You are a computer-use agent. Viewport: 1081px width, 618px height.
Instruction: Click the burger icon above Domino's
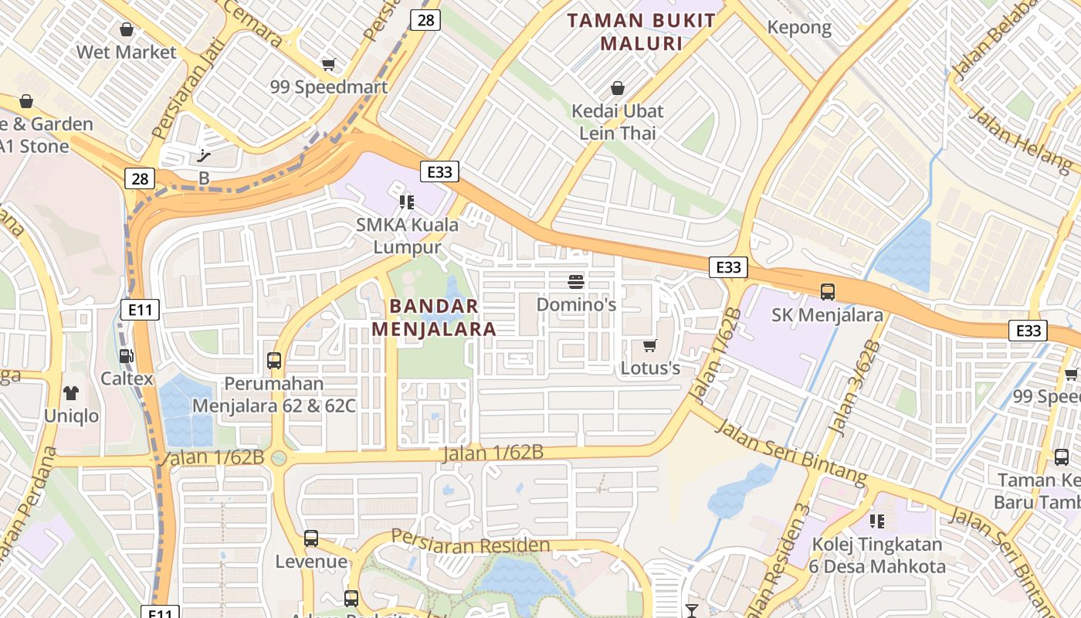click(x=576, y=281)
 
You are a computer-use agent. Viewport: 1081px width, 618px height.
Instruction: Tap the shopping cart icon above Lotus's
click(x=650, y=345)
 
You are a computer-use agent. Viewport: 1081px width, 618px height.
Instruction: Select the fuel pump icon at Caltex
click(x=126, y=356)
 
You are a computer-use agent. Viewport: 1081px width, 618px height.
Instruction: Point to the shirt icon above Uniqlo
click(x=72, y=393)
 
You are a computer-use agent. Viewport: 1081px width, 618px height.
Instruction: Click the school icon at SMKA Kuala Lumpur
click(x=407, y=202)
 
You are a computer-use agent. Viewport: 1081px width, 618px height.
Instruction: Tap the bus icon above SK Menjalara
click(x=828, y=292)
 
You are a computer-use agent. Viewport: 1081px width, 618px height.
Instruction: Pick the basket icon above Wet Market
click(x=127, y=29)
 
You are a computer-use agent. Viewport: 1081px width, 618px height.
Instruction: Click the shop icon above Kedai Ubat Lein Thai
click(x=617, y=88)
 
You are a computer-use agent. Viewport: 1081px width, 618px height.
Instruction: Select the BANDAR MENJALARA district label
click(x=434, y=317)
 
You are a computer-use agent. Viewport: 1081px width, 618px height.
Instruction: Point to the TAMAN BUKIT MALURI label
click(x=642, y=32)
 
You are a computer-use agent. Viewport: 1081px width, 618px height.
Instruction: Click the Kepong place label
click(x=799, y=28)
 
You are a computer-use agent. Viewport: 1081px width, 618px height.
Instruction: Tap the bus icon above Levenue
click(x=311, y=538)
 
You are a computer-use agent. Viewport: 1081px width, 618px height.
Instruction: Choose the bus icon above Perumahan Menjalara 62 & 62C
click(x=274, y=361)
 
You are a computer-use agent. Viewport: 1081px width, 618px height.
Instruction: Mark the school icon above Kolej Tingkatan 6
click(x=877, y=521)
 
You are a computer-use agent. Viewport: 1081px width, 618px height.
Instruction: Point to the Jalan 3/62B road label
click(x=854, y=385)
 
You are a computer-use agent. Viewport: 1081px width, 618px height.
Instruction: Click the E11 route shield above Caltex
click(x=140, y=311)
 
